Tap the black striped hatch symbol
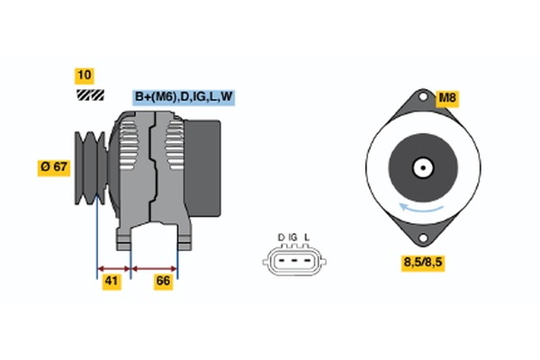pyautogui.click(x=88, y=94)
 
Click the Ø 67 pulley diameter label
pyautogui.click(x=55, y=166)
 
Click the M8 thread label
pyautogui.click(x=449, y=99)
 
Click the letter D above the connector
pyautogui.click(x=282, y=237)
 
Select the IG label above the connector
pyautogui.click(x=293, y=237)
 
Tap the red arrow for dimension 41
pyautogui.click(x=114, y=267)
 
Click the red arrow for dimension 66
pyautogui.click(x=154, y=267)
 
